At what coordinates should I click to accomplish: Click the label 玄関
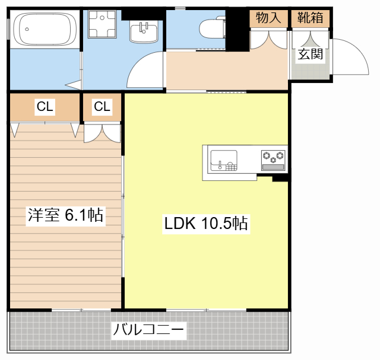click(x=310, y=55)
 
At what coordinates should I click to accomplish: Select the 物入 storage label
click(x=268, y=18)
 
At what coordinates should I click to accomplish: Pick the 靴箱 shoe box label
click(x=310, y=18)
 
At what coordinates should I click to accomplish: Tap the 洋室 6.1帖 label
click(x=65, y=215)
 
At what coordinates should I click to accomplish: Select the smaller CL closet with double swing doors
click(x=102, y=107)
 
